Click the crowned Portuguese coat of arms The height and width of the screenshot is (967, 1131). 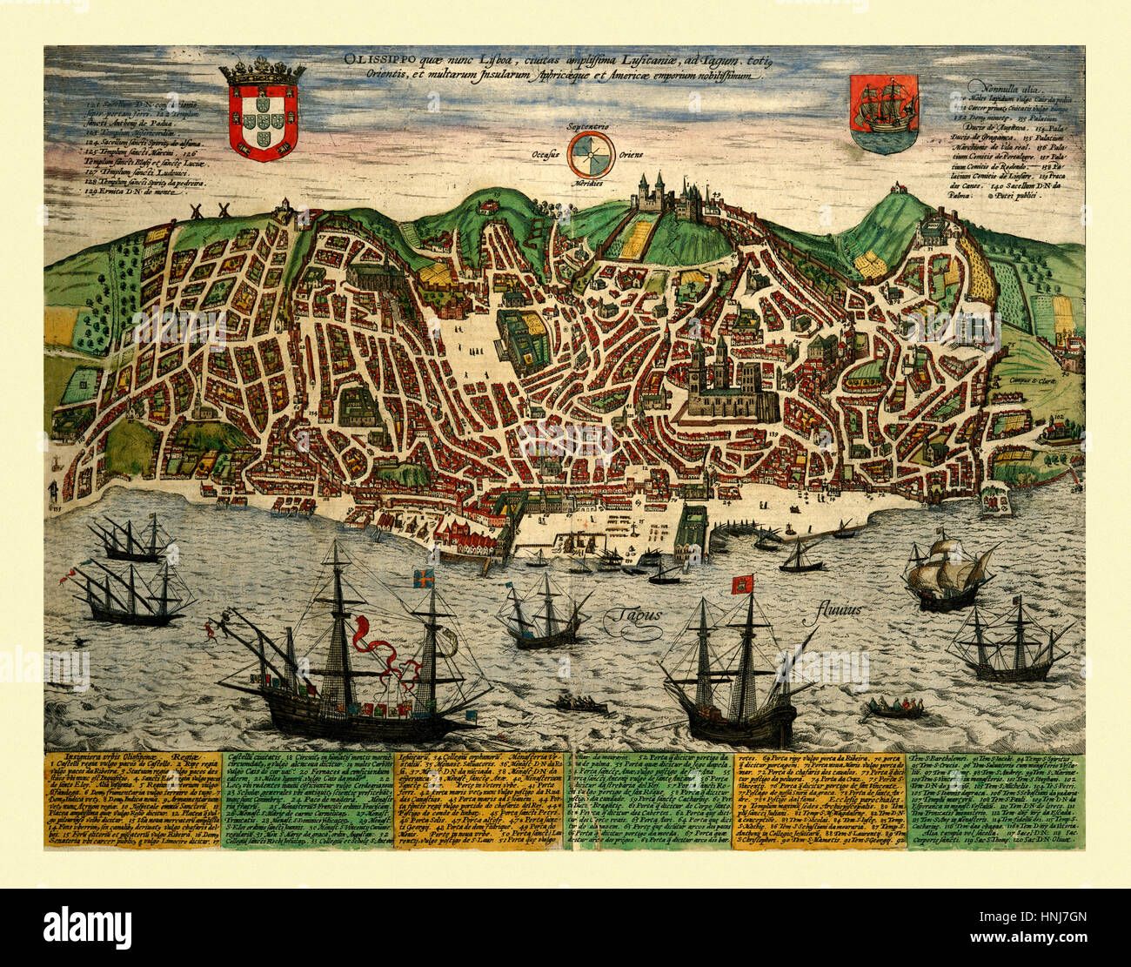point(262,111)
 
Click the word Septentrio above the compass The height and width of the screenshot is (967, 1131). point(589,127)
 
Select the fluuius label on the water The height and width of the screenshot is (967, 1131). point(839,609)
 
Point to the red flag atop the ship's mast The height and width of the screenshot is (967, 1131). point(742,583)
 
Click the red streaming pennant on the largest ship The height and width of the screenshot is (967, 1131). point(383,652)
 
